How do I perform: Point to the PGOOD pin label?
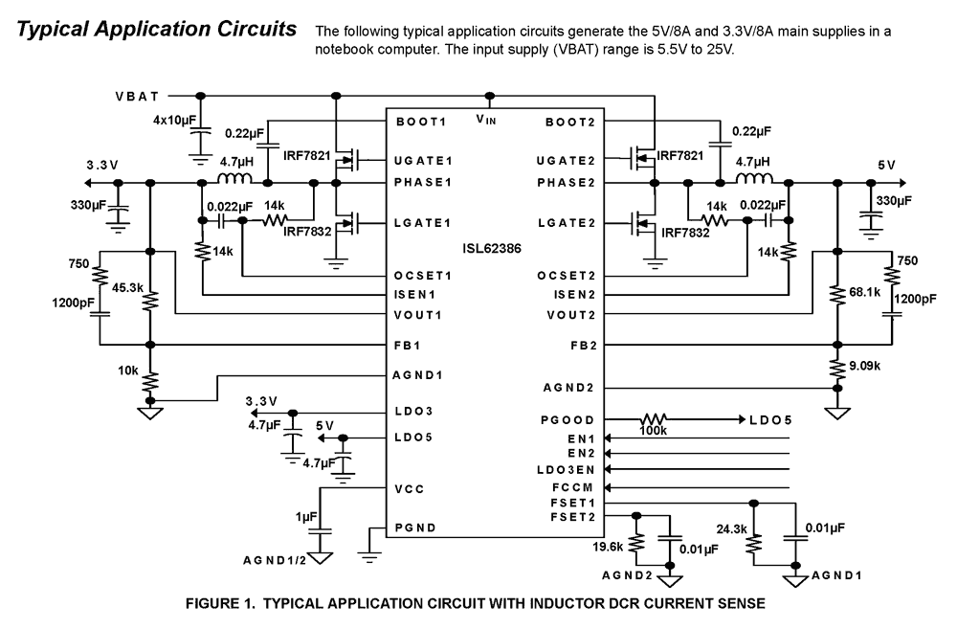pyautogui.click(x=568, y=420)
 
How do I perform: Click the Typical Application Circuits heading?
pyautogui.click(x=158, y=30)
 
